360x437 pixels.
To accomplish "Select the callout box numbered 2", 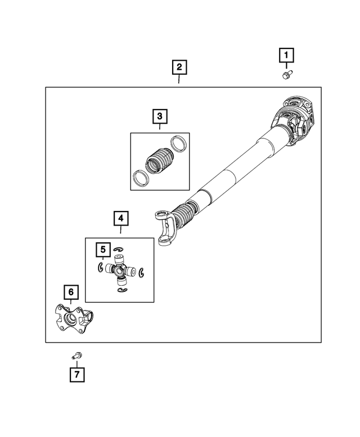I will (x=179, y=68).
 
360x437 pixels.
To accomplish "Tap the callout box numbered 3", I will (x=160, y=116).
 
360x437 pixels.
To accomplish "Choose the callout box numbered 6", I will (x=70, y=292).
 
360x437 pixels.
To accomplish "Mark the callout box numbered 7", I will (x=77, y=374).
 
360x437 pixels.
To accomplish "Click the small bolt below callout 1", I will (x=286, y=75).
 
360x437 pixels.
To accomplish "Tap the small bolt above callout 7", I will (x=76, y=355).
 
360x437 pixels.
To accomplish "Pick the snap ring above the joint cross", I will (x=118, y=249).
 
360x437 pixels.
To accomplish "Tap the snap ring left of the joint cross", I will (x=99, y=267).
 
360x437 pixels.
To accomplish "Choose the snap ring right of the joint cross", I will (x=142, y=272).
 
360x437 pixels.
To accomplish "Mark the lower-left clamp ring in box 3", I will (x=138, y=179).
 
